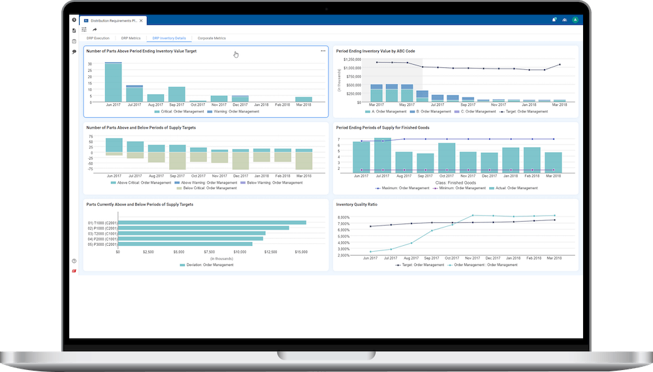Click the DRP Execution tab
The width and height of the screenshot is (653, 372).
pyautogui.click(x=98, y=38)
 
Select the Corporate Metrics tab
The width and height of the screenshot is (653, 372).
pyautogui.click(x=212, y=38)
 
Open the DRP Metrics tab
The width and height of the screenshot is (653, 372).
pyautogui.click(x=131, y=38)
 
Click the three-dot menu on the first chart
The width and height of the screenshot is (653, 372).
pyautogui.click(x=323, y=50)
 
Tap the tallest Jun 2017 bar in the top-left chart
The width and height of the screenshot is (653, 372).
pyautogui.click(x=114, y=82)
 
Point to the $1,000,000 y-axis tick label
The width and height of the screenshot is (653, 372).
pyautogui.click(x=353, y=67)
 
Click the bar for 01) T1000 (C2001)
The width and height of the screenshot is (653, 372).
pyautogui.click(x=212, y=222)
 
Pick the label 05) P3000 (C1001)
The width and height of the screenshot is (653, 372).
pyautogui.click(x=101, y=245)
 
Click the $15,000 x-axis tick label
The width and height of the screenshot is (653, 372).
pyautogui.click(x=301, y=251)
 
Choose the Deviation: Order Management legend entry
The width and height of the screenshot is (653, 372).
pyautogui.click(x=206, y=265)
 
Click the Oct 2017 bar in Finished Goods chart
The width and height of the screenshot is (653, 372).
pyautogui.click(x=447, y=158)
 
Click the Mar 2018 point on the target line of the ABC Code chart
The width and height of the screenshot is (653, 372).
pyautogui.click(x=560, y=64)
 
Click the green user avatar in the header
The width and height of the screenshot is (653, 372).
pyautogui.click(x=575, y=20)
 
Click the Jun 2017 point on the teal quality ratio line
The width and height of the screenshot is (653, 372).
pyautogui.click(x=370, y=252)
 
